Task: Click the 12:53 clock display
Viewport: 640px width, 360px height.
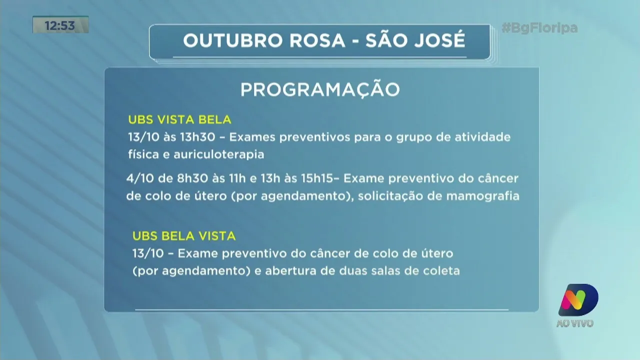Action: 60,25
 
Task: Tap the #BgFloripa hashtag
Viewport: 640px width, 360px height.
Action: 539,28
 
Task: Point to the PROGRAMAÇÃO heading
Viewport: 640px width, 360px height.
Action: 320,89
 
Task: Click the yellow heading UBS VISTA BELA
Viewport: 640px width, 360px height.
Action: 179,120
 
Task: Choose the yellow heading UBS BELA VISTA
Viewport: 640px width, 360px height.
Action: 183,236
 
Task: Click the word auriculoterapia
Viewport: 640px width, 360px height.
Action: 218,154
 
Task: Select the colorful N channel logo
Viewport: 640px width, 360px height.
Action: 578,300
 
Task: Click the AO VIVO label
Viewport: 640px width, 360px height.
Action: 575,323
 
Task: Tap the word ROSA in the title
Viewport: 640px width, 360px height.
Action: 318,41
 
